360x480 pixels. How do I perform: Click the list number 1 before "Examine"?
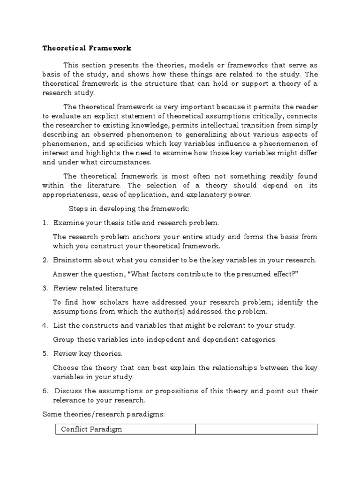click(45, 223)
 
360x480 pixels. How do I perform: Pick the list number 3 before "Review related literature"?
click(45, 288)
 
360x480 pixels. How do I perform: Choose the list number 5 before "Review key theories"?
click(45, 353)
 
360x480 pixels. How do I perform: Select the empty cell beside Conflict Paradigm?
click(256, 429)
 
